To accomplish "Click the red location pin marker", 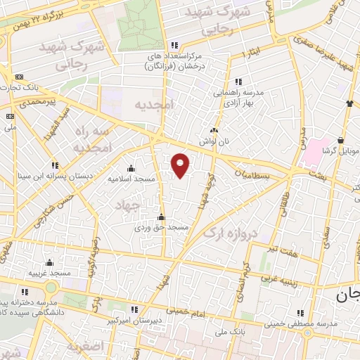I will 181,165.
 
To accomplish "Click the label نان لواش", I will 215,141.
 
